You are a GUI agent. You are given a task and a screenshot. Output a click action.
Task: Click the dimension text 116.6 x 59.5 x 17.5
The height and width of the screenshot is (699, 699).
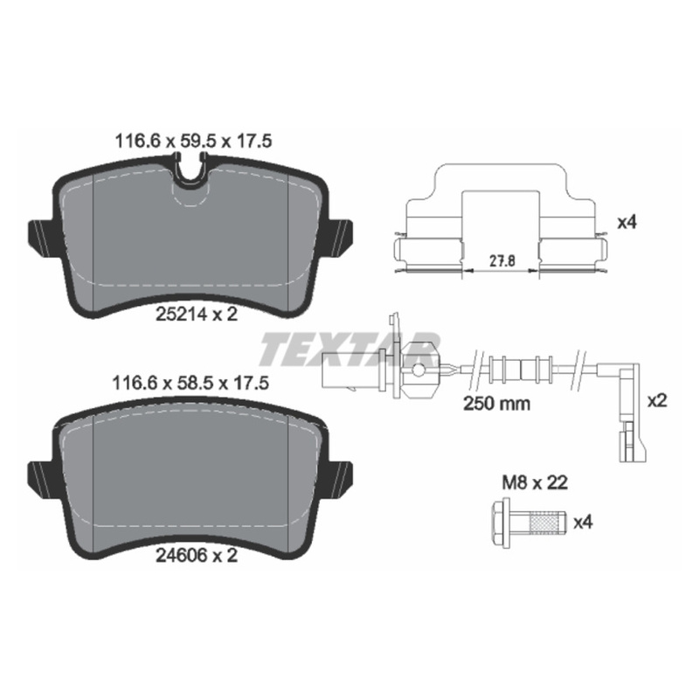[x=193, y=142]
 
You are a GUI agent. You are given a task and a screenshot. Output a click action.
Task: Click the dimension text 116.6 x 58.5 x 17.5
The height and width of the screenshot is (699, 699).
[x=190, y=383]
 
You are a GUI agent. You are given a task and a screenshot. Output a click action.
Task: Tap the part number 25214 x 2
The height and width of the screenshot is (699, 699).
[x=197, y=315]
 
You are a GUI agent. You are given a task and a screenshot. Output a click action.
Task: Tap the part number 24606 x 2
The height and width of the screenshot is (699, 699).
[x=197, y=556]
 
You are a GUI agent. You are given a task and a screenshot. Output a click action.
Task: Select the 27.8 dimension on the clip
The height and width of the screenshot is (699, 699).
[x=502, y=260]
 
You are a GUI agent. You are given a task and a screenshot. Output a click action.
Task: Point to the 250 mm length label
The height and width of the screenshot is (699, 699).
[x=496, y=404]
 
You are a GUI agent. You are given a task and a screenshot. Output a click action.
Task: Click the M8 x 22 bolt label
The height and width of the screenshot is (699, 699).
[x=535, y=482]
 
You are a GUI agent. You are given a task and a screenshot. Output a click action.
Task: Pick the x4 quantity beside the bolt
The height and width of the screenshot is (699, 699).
[x=583, y=523]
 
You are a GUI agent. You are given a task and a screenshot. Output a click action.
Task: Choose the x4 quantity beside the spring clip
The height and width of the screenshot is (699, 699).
[x=626, y=223]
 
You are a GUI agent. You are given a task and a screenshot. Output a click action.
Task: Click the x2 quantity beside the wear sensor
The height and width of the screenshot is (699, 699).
[x=657, y=401]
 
